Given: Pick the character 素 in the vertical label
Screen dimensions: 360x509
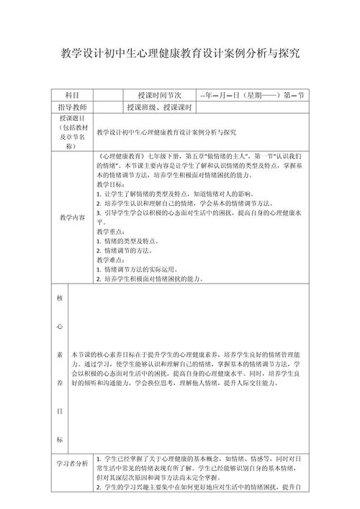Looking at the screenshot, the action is (58, 355).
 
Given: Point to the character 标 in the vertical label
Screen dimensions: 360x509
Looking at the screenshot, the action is (58, 438).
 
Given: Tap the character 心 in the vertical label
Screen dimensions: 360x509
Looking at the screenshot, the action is (58, 325).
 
